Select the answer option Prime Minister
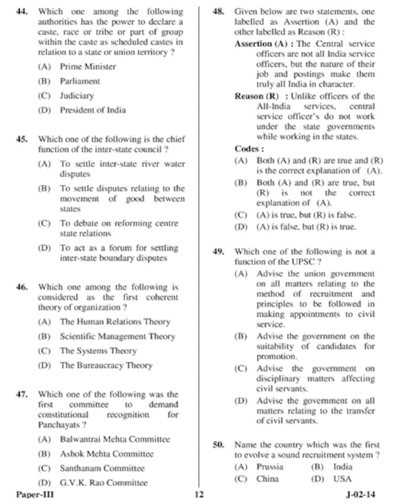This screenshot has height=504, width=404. coord(88,67)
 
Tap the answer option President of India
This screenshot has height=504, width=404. coord(92,110)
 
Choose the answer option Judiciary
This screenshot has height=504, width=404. coord(77,96)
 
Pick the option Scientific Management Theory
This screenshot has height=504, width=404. coord(118,336)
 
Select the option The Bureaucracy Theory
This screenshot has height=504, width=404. coord(106,365)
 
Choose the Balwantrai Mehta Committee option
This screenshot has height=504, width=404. coord(115,439)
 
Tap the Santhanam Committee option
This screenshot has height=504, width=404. coord(102,468)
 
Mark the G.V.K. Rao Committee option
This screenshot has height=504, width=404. coord(103,483)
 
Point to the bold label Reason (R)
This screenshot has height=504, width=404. coord(256,96)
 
